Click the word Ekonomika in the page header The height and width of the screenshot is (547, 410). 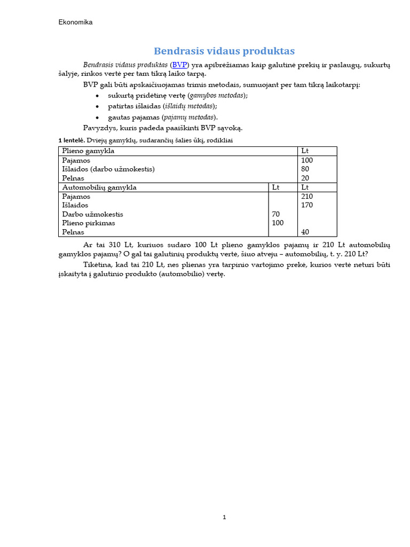tap(75, 22)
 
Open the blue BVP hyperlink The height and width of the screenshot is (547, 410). tap(180, 65)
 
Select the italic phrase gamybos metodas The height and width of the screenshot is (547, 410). tap(218, 95)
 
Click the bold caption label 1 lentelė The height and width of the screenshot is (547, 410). tap(71, 140)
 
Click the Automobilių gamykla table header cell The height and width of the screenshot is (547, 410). tap(99, 187)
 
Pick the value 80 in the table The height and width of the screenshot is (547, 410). tap(305, 169)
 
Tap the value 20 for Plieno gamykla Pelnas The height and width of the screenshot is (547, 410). tap(305, 178)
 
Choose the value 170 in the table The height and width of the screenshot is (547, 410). tap(307, 205)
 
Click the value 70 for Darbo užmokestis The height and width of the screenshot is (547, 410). tap(276, 214)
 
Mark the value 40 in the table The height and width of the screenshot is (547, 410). tap(305, 232)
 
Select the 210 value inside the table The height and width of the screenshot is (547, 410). tap(307, 197)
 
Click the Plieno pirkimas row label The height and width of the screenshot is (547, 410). tap(89, 223)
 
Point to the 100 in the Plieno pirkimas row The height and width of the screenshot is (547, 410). tap(278, 223)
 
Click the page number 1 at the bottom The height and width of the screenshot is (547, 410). tap(225, 517)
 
